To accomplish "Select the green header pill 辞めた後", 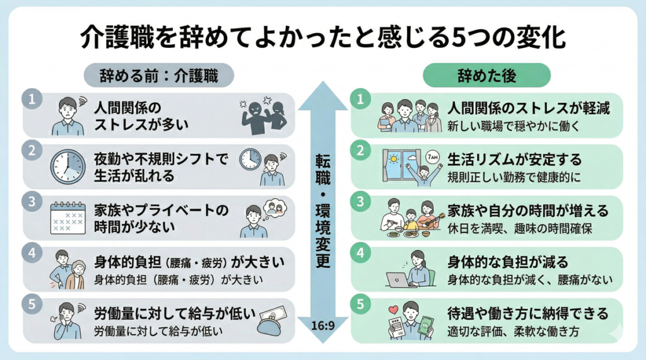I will [x=486, y=76].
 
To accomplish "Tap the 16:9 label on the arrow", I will [x=322, y=326].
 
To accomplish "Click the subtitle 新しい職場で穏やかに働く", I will [x=514, y=125].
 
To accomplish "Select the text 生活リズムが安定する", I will [x=514, y=159].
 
